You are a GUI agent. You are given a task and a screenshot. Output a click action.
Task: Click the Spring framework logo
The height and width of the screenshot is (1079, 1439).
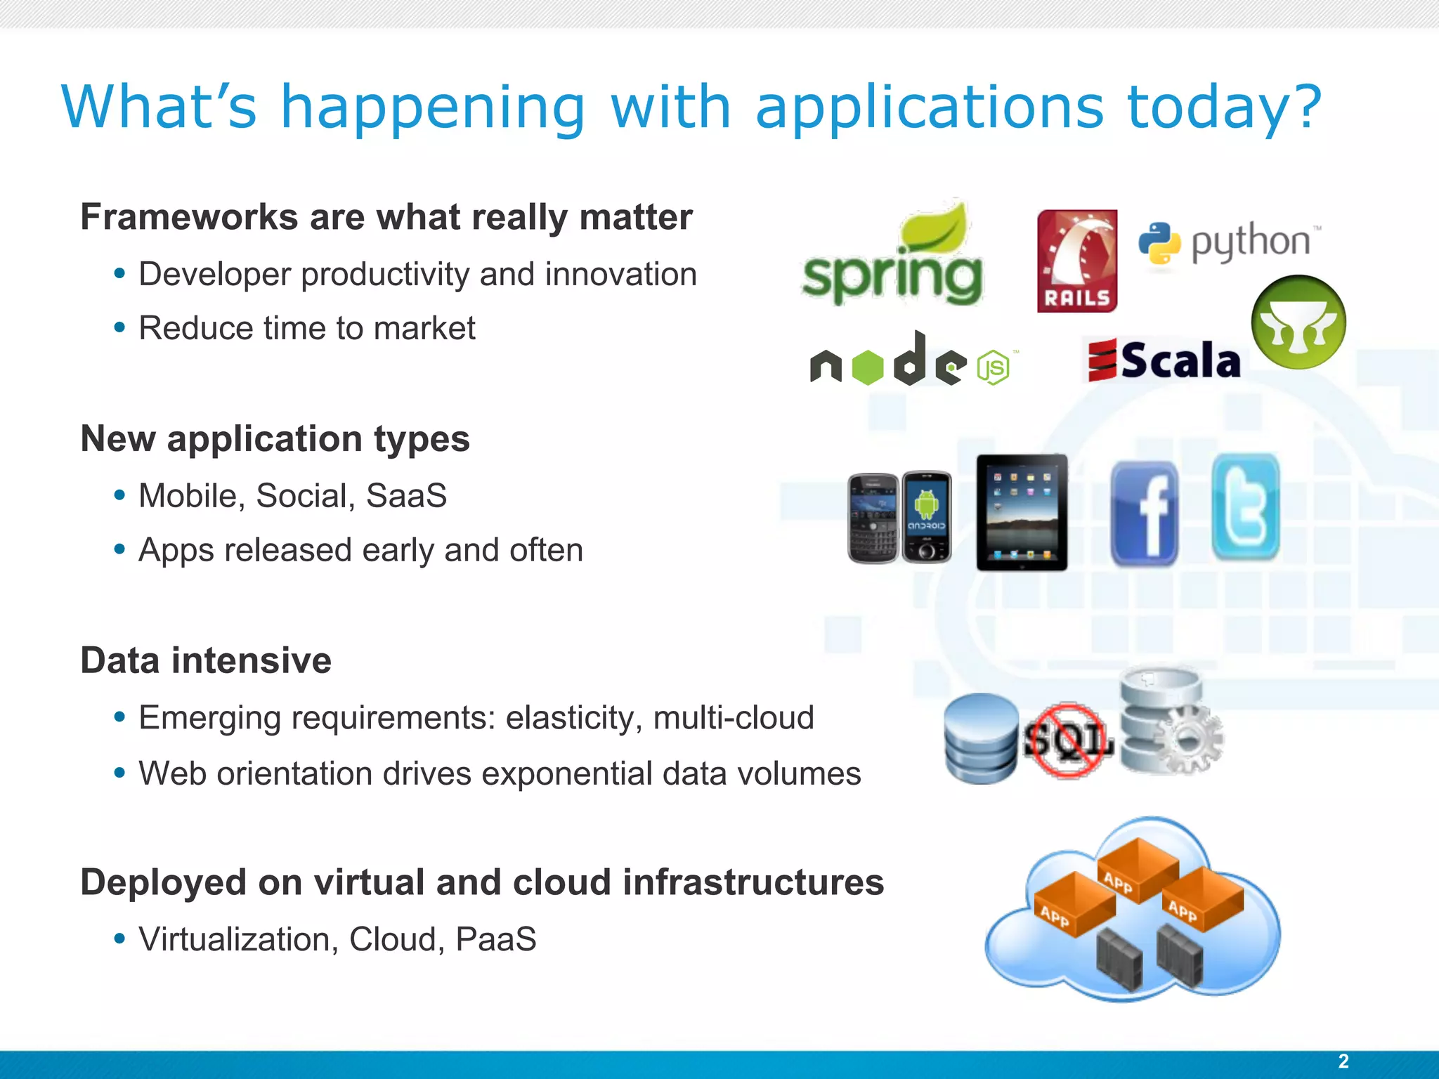pos(892,260)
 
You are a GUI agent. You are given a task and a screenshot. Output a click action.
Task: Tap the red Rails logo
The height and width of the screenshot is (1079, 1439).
pos(1076,261)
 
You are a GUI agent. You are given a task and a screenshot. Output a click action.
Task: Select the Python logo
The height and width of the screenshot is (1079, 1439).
pos(1228,242)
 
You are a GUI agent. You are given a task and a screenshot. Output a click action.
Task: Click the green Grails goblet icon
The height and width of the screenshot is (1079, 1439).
pos(1298,322)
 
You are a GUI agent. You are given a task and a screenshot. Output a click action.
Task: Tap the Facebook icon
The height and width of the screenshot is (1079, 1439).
pos(1144,514)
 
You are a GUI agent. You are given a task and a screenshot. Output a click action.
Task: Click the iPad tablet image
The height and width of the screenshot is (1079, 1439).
pos(1022,512)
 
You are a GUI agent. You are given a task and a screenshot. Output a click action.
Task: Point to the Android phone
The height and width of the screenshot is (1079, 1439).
pos(927,517)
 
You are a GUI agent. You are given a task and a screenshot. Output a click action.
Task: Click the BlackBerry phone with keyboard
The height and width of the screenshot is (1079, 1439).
pos(873,518)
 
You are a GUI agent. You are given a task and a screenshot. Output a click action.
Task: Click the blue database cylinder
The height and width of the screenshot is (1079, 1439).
pos(981,738)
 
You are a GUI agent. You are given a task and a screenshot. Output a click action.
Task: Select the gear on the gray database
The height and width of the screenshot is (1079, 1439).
pos(1187,738)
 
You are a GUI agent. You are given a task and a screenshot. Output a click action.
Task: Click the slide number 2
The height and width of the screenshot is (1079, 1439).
pos(1343,1061)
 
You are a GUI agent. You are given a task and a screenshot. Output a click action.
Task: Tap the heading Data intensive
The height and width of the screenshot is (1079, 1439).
pos(206,660)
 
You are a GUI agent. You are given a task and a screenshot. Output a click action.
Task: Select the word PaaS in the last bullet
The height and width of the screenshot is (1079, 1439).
pos(495,939)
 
